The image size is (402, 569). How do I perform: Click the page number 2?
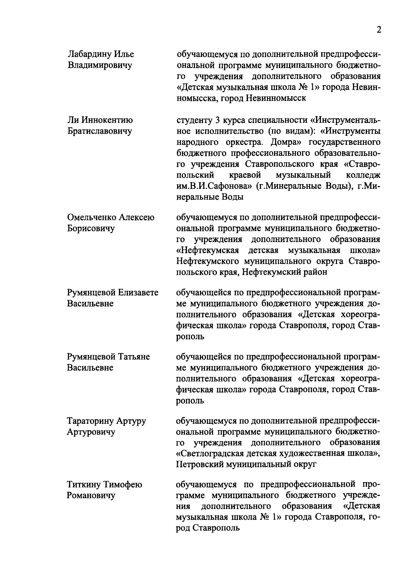click(x=379, y=30)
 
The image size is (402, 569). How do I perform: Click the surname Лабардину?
click(x=88, y=54)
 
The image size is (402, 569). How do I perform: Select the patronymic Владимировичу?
click(x=99, y=65)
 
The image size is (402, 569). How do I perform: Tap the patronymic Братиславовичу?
click(x=99, y=131)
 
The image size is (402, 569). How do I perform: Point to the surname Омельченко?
click(x=91, y=217)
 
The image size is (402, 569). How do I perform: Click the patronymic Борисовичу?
click(x=91, y=228)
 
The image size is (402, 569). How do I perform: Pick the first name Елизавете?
click(x=138, y=292)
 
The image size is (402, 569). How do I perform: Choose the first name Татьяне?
click(x=133, y=356)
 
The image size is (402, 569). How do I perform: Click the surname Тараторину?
click(x=91, y=421)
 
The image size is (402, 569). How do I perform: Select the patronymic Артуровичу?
click(x=91, y=432)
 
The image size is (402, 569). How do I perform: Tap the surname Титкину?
click(x=84, y=485)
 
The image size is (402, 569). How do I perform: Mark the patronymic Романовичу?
click(x=91, y=496)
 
